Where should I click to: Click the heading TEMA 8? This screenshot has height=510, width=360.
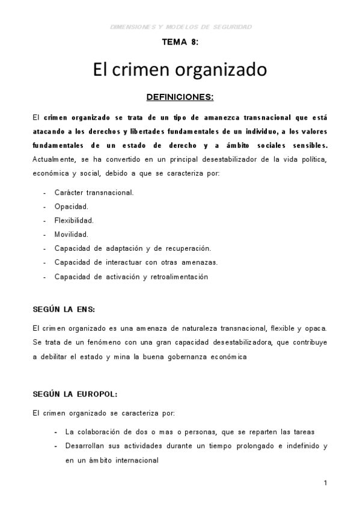point(180,43)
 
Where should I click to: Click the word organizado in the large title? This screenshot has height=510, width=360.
point(222,70)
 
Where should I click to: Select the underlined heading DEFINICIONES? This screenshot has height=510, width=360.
point(180,96)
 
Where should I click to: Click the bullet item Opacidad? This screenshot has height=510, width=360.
point(71,206)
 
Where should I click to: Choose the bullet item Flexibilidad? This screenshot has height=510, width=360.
point(74,220)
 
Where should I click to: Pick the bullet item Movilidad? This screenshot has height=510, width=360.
point(71,234)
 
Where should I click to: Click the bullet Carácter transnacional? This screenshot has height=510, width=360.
point(94,192)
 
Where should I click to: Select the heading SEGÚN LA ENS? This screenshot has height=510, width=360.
point(64,309)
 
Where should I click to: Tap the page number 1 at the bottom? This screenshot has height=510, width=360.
point(325,483)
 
